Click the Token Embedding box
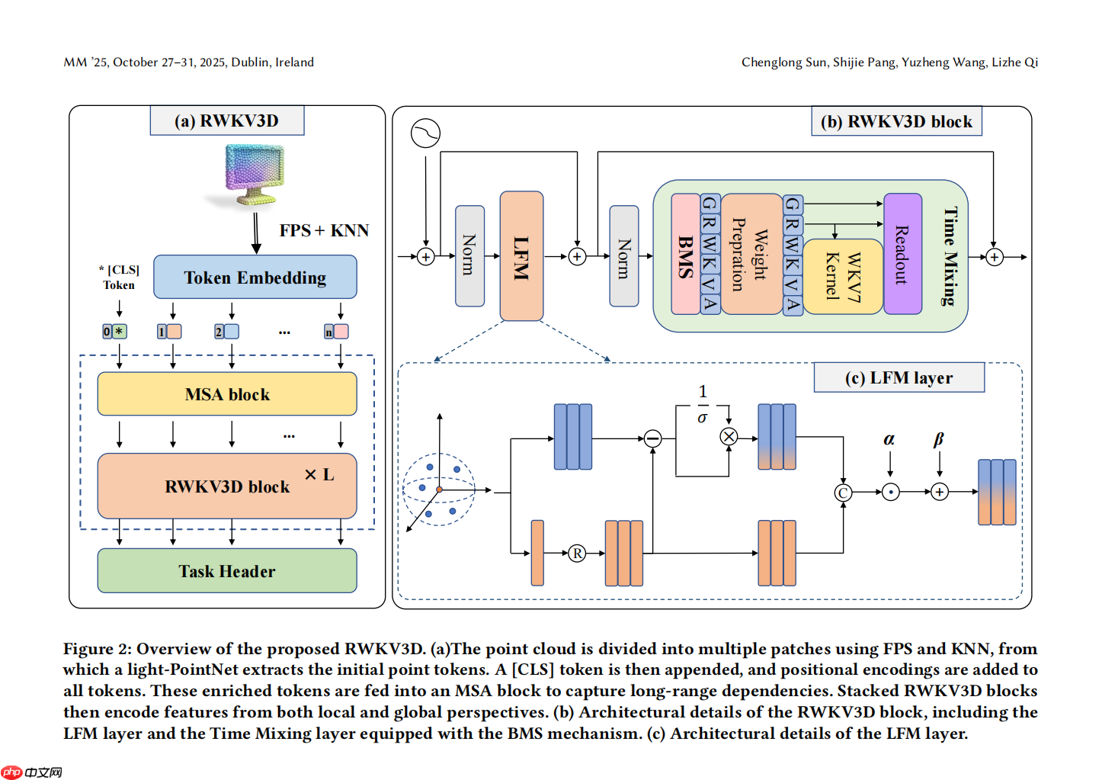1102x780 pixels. pos(255,277)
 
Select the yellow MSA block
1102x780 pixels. pos(226,394)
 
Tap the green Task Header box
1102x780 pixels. pos(226,571)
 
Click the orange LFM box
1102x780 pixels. pos(521,256)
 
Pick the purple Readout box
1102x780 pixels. pos(902,254)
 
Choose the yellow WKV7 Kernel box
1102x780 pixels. pos(843,276)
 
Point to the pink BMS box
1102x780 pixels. pos(685,255)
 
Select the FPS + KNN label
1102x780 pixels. pos(324,230)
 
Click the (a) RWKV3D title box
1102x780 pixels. pos(227,120)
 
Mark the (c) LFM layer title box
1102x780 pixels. pos(899,377)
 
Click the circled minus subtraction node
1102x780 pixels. pos(652,438)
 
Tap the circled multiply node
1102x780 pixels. pos(729,437)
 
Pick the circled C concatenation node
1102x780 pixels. pos(843,493)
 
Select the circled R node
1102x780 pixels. pos(577,554)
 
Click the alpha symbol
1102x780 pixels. pos(889,439)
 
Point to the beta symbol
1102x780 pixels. pos(939,439)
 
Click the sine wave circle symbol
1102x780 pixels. pos(425,133)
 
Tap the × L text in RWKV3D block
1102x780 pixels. pos(319,474)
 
